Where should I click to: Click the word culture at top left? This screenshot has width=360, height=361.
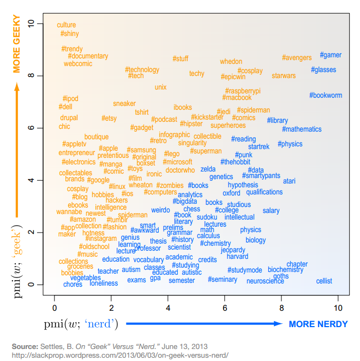click(67, 25)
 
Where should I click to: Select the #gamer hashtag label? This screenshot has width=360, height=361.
click(331, 55)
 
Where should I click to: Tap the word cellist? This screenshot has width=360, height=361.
click(324, 281)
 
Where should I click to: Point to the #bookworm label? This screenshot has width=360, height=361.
click(326, 96)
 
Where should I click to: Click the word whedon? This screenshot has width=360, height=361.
click(231, 62)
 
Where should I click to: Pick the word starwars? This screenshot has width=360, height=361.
click(284, 76)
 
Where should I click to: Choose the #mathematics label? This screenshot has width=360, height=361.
click(302, 129)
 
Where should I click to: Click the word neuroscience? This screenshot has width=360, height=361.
click(265, 281)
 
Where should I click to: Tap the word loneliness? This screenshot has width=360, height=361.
click(104, 283)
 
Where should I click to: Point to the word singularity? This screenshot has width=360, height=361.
click(193, 143)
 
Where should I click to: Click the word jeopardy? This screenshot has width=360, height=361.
click(233, 250)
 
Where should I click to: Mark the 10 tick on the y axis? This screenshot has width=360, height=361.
click(32, 23)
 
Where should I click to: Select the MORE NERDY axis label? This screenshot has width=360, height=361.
click(318, 324)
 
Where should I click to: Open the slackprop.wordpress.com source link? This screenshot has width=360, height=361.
click(119, 355)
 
